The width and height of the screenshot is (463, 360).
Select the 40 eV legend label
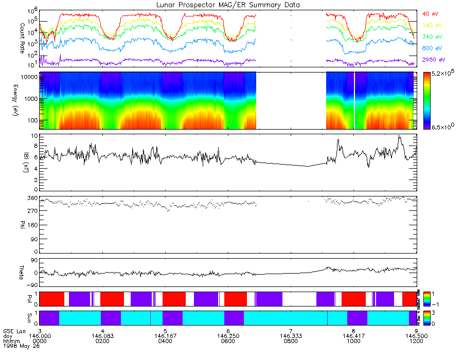430,14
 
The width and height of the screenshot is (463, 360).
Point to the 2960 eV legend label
432,60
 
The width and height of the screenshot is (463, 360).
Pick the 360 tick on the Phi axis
32,198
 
